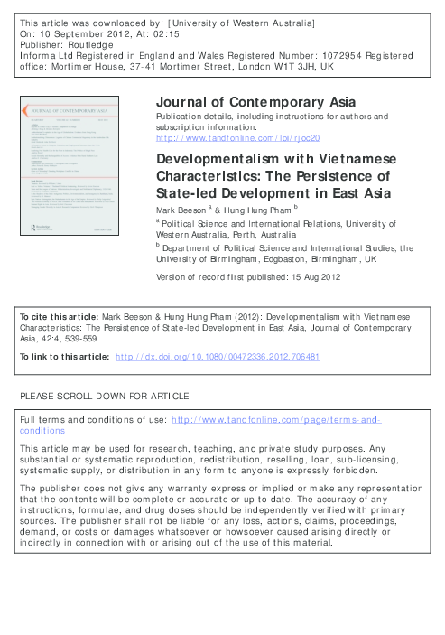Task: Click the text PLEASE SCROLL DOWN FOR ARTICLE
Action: coord(98,397)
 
